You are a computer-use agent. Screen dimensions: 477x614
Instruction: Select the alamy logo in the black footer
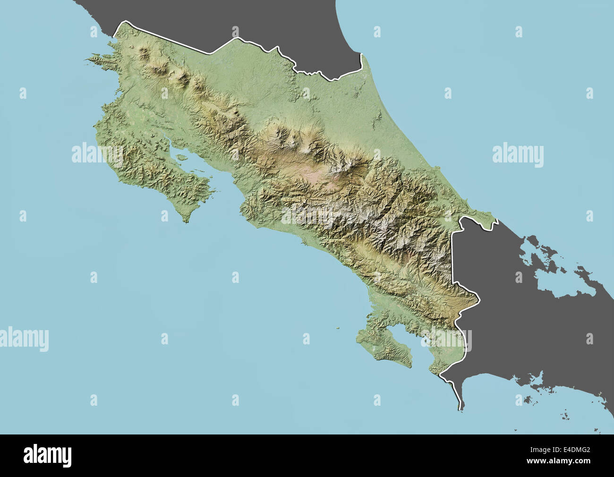[48, 455]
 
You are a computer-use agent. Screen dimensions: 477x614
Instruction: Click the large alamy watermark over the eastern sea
[518, 154]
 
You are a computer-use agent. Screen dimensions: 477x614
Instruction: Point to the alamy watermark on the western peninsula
[97, 154]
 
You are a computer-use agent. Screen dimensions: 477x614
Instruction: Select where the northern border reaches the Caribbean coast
[361, 55]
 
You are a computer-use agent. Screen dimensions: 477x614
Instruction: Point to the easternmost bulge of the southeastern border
[479, 298]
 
